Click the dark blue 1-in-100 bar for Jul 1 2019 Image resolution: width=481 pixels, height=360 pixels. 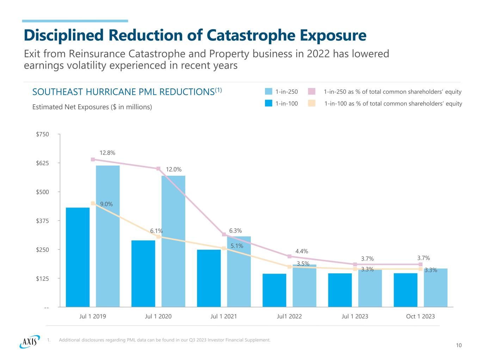(78, 257)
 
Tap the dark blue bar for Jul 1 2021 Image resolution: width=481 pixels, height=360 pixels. (209, 278)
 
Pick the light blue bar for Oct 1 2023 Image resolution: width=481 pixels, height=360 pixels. (436, 288)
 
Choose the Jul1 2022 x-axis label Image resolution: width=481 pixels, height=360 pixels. (289, 316)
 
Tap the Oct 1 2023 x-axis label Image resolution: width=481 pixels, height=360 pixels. (420, 316)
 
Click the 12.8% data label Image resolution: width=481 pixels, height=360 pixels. (107, 153)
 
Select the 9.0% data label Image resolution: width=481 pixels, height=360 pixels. (106, 204)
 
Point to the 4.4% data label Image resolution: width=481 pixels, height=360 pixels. (302, 252)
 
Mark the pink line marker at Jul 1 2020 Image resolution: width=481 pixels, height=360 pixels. (159, 169)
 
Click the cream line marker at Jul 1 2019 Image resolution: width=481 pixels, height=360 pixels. (93, 203)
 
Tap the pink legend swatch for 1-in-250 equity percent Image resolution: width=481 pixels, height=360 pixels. (312, 92)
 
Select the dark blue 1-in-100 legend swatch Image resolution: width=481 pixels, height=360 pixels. (269, 104)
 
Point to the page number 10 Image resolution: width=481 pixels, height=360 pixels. (458, 346)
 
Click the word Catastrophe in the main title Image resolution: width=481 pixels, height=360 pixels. (253, 36)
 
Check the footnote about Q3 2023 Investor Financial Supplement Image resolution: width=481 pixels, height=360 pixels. (165, 340)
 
